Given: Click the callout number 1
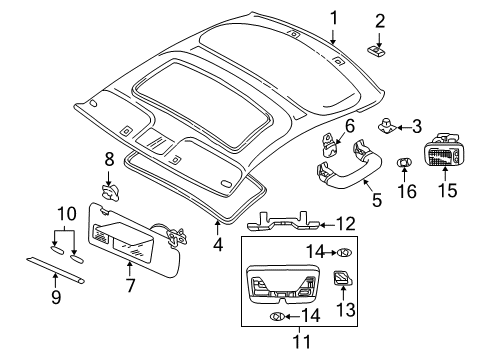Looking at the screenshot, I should click(x=334, y=17).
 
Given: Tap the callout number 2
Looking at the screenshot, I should click(x=380, y=21).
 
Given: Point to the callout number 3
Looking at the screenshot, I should click(x=418, y=126).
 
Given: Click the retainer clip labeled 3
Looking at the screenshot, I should click(x=385, y=125).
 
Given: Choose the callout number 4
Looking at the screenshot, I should click(x=219, y=242).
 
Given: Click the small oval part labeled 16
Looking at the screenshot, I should click(x=406, y=163).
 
